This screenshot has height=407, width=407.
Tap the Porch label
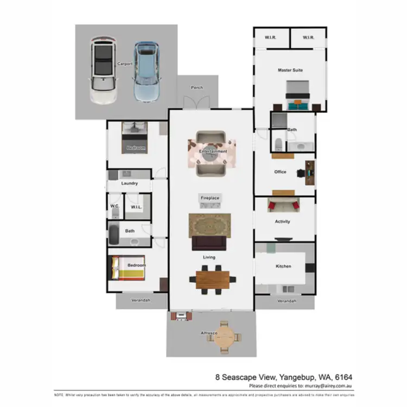point(196,87)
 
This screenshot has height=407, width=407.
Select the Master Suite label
point(290,70)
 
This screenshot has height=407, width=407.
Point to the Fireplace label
point(210,198)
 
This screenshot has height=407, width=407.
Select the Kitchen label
point(283,266)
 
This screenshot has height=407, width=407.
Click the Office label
point(280,172)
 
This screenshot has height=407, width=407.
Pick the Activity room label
point(283,221)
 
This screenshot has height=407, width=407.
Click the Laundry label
point(129,183)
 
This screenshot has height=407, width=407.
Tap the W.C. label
point(115,206)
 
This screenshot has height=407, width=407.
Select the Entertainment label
point(213,151)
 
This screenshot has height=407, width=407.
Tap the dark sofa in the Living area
point(209,244)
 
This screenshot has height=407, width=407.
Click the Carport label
point(125,63)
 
